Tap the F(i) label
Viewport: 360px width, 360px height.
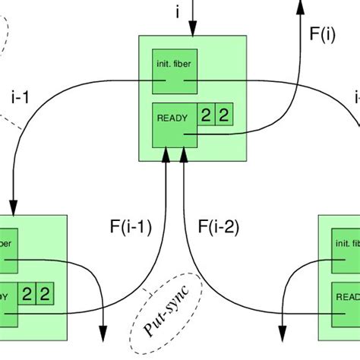coord(322,34)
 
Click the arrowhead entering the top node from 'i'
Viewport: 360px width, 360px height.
coord(193,29)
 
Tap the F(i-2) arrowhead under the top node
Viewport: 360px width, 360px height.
coord(183,155)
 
